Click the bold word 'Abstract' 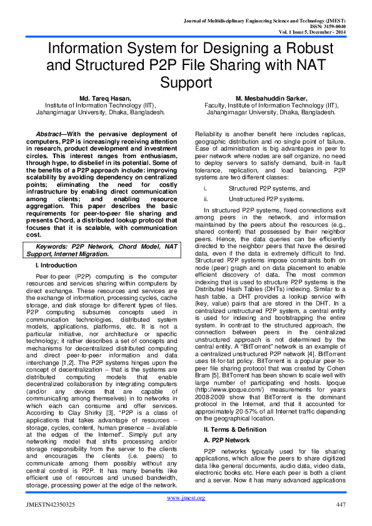[49, 135]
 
